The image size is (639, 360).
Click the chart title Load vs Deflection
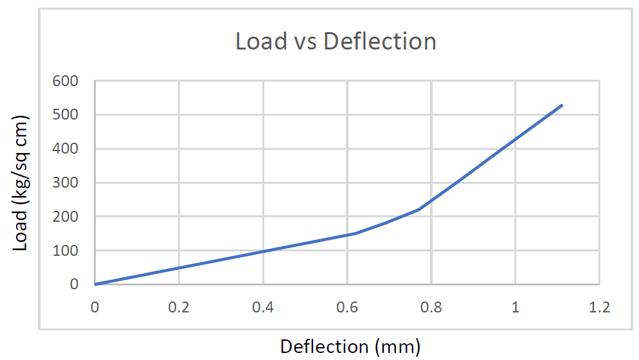pos(336,41)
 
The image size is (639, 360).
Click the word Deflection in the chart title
pos(380,41)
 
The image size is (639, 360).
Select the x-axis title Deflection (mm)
pos(350,346)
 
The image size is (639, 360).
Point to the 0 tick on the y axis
pos(73,284)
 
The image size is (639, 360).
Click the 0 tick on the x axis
pos(94,307)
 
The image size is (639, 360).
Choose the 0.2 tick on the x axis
pos(179,307)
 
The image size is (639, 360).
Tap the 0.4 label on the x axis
pos(263,307)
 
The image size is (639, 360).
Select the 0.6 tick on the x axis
pos(347,307)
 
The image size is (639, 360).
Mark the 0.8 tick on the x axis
pos(431,307)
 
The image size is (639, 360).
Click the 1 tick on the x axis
pos(516,307)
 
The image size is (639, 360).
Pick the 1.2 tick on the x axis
pos(599,307)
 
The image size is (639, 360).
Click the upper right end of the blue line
pos(562,105)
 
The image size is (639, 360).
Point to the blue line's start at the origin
pos(95,284)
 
